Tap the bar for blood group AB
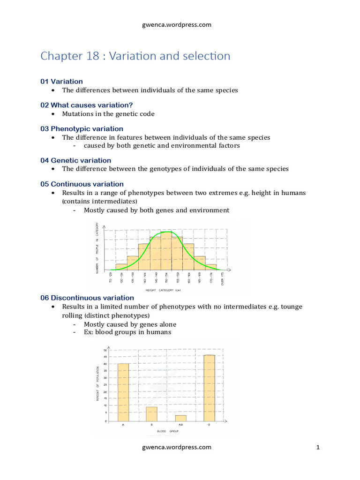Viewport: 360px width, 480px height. click(180, 418)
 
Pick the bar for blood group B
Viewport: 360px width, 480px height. click(151, 414)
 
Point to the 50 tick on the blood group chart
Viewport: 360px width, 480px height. click(105, 351)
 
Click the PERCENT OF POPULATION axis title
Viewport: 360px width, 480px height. click(98, 383)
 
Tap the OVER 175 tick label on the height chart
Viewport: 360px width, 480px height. click(223, 279)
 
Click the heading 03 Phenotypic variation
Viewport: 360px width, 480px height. click(82, 129)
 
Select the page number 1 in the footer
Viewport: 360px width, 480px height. click(318, 447)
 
